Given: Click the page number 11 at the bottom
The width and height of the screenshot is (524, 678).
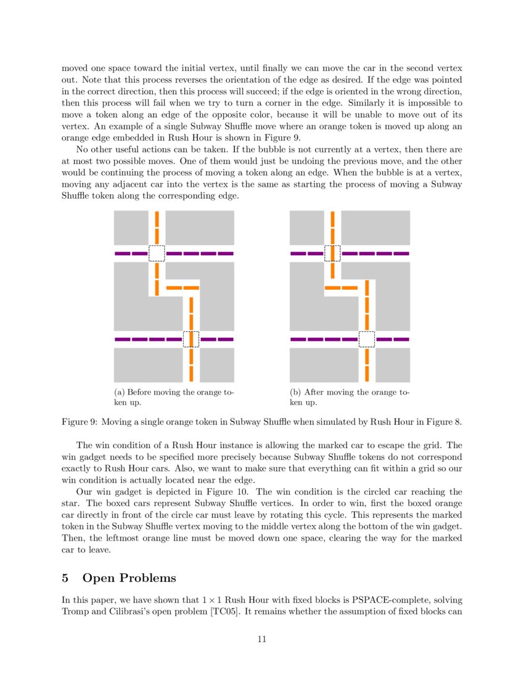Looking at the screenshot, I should click(261, 639).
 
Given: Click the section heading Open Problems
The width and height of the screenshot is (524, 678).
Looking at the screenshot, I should click(129, 578).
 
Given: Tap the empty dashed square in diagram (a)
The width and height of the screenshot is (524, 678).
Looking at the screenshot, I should click(157, 253).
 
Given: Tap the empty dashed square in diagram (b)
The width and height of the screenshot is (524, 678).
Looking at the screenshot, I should click(367, 339).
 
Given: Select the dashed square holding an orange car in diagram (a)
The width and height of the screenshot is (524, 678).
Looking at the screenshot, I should click(191, 339).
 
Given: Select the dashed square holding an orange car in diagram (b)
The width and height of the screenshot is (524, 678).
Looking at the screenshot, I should click(332, 253).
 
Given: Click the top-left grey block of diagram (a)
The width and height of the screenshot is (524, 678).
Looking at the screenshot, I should click(131, 227).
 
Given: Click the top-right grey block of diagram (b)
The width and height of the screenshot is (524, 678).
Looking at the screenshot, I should click(375, 227).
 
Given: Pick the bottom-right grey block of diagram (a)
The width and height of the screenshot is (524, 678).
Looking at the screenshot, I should click(216, 365).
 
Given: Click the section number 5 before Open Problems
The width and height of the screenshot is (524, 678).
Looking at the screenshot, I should click(65, 578).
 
